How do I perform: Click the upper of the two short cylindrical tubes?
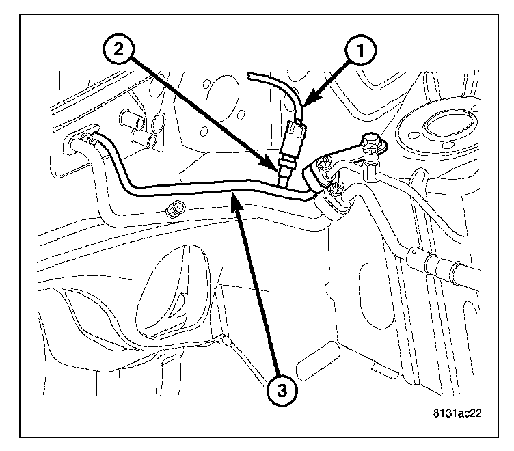click(x=133, y=122)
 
